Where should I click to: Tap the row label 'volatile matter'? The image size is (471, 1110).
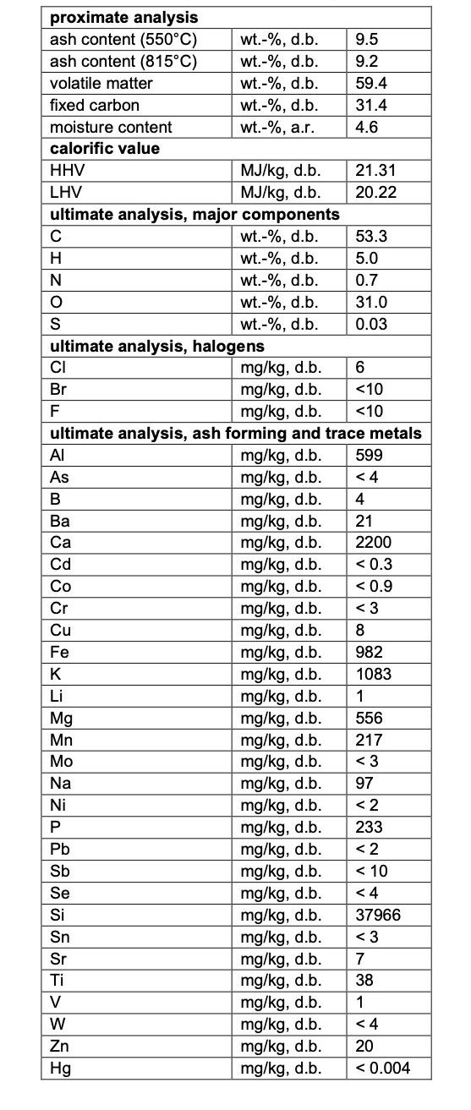(x=101, y=83)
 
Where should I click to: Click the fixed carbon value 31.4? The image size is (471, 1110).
(x=370, y=105)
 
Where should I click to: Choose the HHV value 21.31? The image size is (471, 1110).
(x=375, y=171)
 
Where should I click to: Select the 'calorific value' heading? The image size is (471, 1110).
(x=105, y=149)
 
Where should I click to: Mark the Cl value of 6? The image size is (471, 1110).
(x=360, y=368)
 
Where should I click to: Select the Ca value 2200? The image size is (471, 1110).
(x=374, y=543)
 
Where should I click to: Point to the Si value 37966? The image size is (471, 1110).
(x=378, y=915)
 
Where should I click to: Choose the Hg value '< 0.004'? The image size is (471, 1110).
(x=383, y=1068)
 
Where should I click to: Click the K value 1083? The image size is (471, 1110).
(x=374, y=674)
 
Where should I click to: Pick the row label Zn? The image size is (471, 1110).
(x=60, y=1046)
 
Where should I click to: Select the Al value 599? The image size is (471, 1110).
(x=370, y=456)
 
